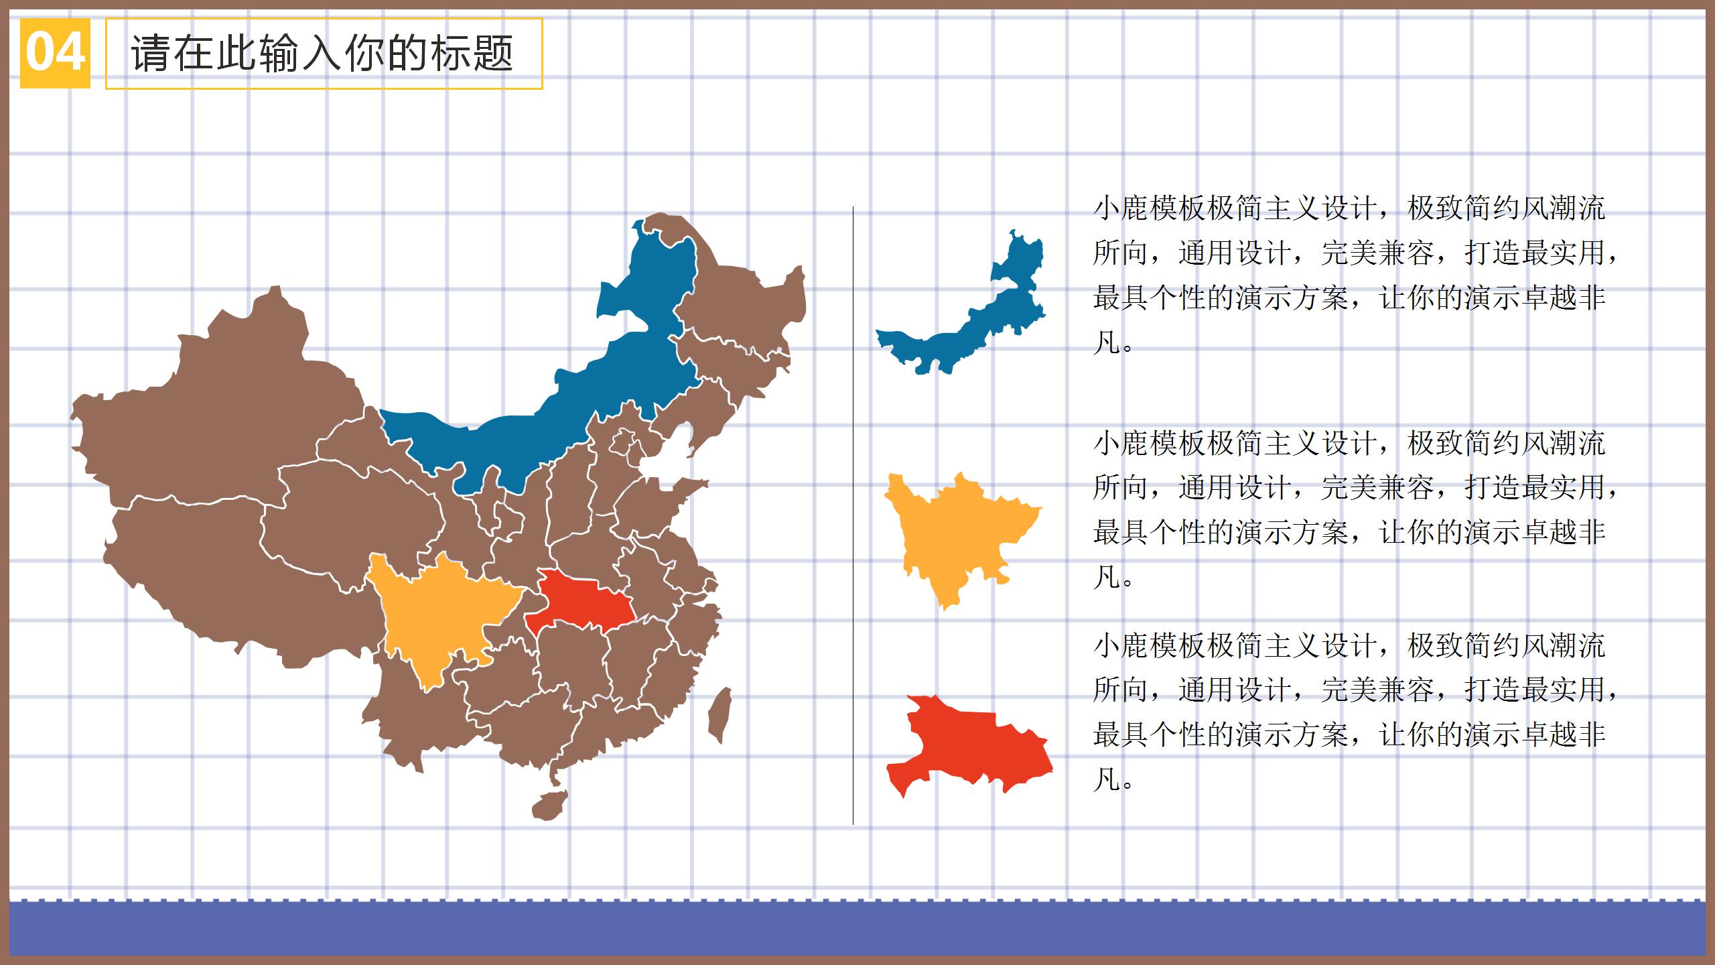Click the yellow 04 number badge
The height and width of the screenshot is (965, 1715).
coord(55,53)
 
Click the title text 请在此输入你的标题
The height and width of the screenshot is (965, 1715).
coord(322,54)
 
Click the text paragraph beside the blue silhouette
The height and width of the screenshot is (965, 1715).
coord(1353,275)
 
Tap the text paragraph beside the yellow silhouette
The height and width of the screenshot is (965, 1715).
coord(1353,510)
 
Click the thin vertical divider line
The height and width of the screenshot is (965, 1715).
coord(853,516)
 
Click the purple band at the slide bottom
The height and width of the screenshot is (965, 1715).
coord(857,928)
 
